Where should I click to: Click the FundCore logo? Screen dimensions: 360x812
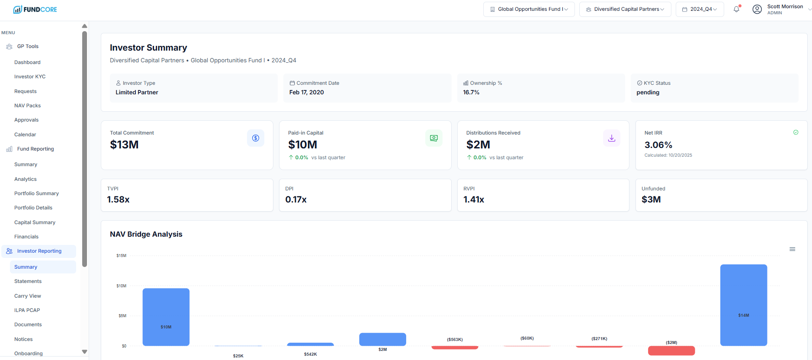(35, 10)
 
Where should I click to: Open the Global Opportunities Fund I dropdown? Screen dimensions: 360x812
(529, 9)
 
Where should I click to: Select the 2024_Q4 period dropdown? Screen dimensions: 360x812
(700, 9)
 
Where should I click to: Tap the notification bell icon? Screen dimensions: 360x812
(736, 9)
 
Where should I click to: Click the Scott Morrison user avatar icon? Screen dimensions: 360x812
(757, 9)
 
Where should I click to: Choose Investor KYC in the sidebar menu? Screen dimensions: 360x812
(30, 77)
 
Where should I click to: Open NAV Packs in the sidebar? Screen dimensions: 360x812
(27, 106)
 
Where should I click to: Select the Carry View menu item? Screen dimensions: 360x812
(28, 296)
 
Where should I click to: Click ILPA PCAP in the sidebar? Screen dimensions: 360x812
(27, 310)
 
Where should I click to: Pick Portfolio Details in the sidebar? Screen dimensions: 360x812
(33, 208)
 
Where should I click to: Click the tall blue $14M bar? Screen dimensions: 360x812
(743, 305)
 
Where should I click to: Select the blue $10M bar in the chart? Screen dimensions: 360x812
(166, 317)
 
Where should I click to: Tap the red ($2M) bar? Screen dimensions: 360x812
(671, 350)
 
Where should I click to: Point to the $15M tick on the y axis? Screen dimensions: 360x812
(121, 256)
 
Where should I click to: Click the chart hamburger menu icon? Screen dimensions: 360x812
(792, 249)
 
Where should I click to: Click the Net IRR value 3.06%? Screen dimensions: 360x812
(658, 145)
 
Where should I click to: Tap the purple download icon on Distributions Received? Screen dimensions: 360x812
(611, 138)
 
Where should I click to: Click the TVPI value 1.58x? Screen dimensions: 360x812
(118, 199)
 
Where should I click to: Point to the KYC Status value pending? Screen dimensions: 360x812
(648, 92)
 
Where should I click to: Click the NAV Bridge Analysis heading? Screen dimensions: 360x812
(146, 234)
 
